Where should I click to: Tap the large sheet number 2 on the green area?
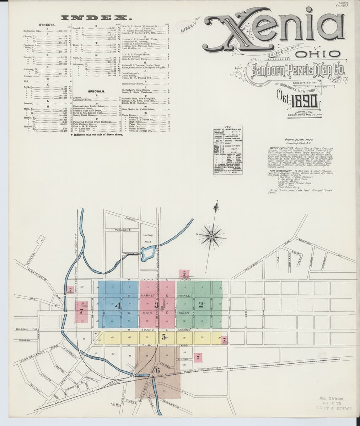201,304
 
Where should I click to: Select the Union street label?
130,218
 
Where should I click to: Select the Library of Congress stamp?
334,403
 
